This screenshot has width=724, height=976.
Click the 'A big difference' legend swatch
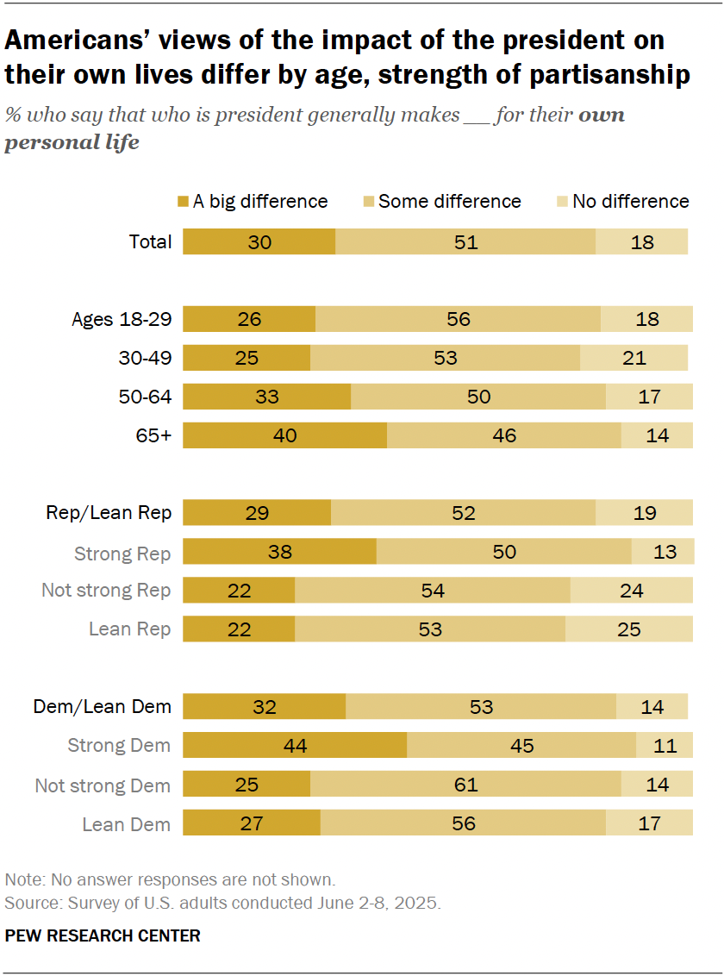[183, 202]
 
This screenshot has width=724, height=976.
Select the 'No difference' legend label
[630, 202]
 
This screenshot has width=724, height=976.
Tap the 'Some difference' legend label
[449, 202]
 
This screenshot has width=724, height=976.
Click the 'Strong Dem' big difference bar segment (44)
[295, 746]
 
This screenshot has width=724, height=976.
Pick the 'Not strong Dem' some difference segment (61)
[465, 785]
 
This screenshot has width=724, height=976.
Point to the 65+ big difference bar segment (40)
[284, 435]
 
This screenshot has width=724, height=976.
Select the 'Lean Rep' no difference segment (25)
[628, 629]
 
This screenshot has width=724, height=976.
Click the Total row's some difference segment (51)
[465, 242]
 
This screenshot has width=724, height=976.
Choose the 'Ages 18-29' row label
[122, 320]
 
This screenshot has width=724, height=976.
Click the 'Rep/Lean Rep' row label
[109, 513]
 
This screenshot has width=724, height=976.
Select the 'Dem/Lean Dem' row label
[103, 707]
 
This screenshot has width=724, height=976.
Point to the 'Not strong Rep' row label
[106, 591]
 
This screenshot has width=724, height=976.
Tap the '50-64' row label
[144, 397]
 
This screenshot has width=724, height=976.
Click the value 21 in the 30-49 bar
[634, 358]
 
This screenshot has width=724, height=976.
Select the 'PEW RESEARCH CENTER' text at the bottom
[103, 935]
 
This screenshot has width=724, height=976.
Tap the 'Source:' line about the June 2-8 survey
[222, 903]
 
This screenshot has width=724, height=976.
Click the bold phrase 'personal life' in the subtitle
[72, 142]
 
